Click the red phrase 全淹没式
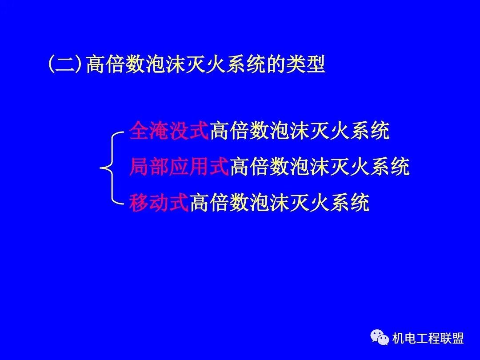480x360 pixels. point(169,131)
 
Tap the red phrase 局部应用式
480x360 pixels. point(179,168)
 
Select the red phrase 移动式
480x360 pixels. point(159,204)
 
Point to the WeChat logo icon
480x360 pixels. point(380,338)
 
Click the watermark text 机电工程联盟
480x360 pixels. point(428,339)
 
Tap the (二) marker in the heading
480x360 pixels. point(65,64)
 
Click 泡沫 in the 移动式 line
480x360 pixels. point(270,204)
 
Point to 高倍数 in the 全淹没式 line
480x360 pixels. point(240,131)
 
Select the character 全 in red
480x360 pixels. point(139,131)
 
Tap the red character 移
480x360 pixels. point(139,204)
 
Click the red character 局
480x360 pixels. point(139,168)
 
